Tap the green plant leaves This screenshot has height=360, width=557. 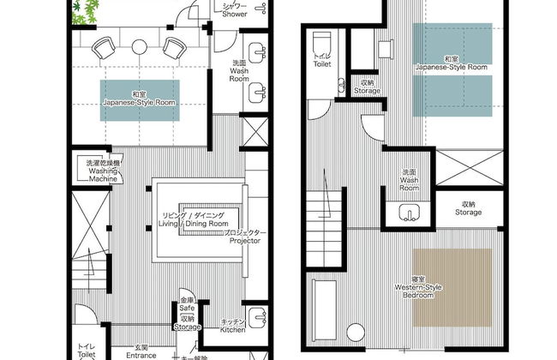tap(87, 10)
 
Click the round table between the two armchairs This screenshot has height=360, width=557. tap(141, 43)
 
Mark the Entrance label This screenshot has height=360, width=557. tap(141, 351)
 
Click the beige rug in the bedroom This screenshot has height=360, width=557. tap(452, 287)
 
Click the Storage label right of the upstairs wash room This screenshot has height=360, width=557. tap(467, 208)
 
